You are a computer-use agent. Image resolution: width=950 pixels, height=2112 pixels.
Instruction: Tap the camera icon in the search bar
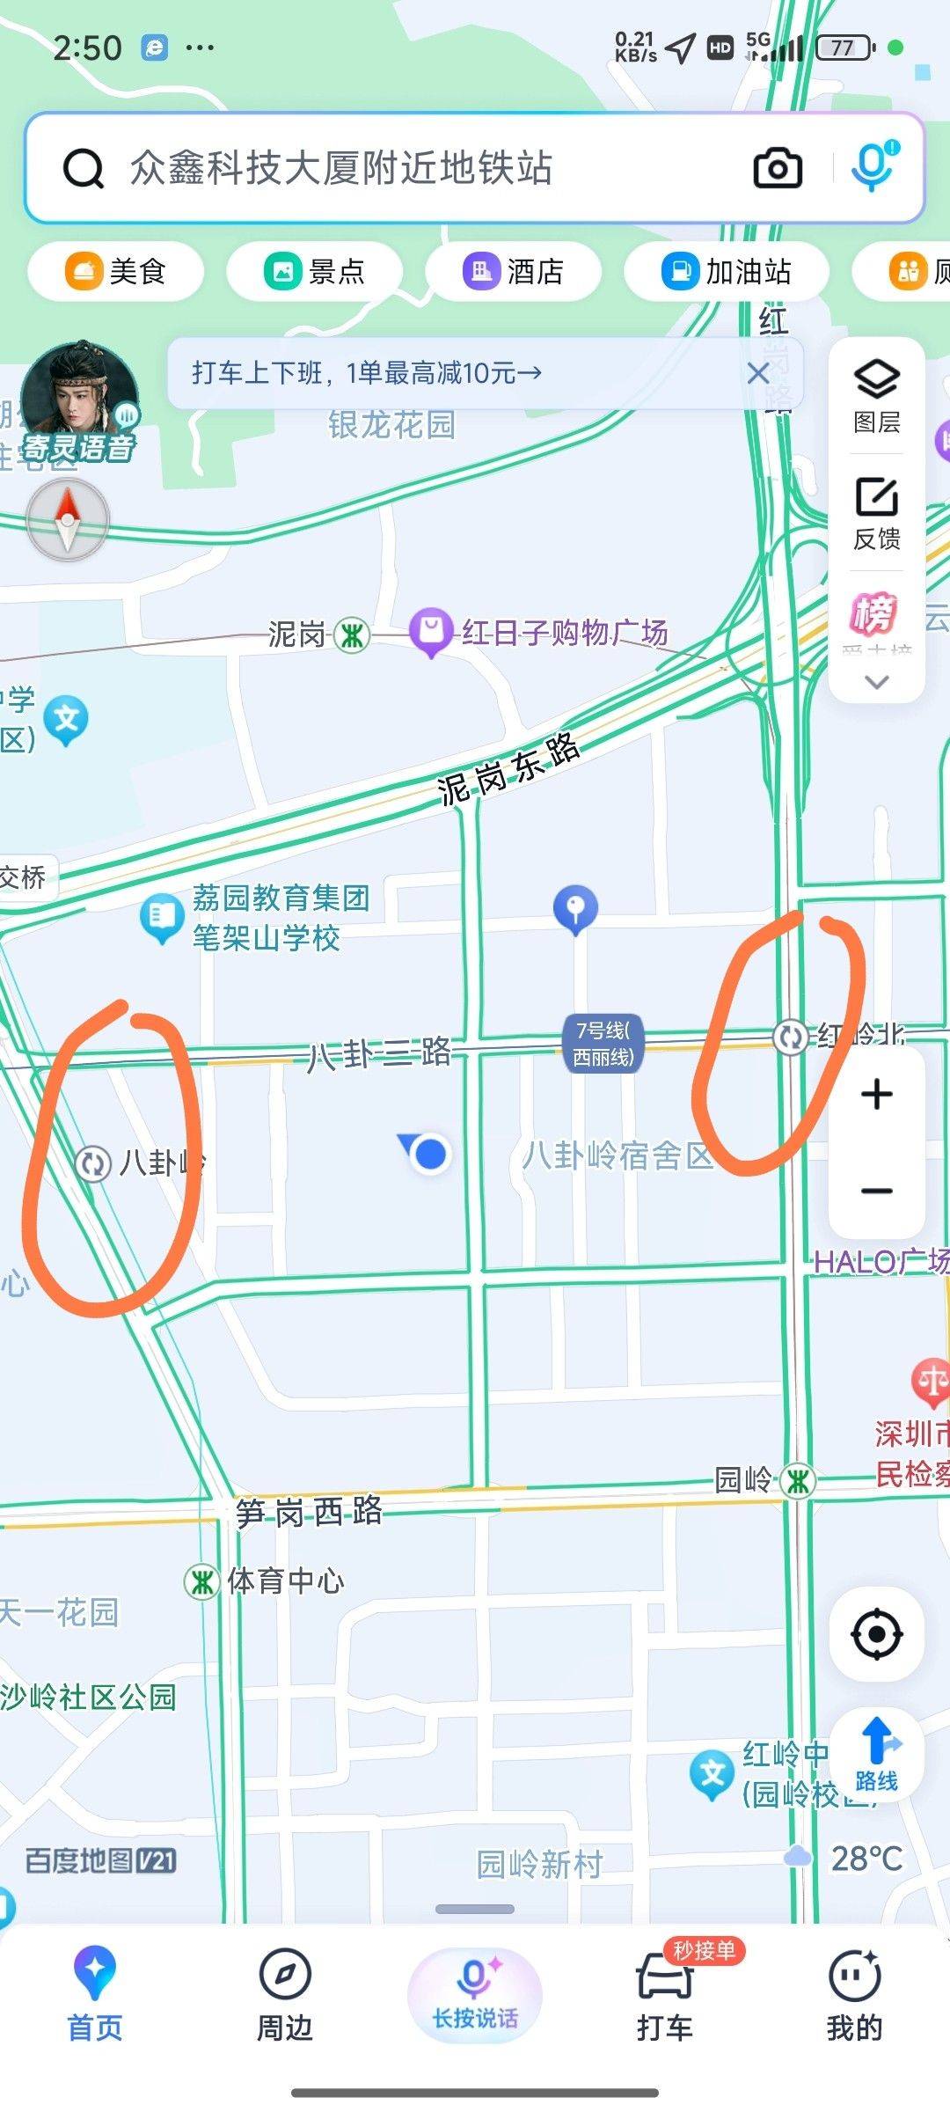[x=778, y=167]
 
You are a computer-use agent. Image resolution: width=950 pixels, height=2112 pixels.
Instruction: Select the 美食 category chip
[x=116, y=271]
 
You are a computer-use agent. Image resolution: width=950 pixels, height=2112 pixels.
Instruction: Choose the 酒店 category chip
[x=514, y=271]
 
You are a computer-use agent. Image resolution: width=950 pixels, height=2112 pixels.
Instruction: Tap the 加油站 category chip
[x=727, y=271]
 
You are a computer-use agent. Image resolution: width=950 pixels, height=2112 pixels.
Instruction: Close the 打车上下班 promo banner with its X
[x=757, y=373]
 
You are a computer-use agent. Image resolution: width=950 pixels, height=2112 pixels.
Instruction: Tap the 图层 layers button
[x=877, y=396]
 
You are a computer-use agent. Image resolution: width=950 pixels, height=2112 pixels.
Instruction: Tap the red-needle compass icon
[x=68, y=520]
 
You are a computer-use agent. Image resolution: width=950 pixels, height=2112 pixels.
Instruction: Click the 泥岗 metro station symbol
[x=352, y=634]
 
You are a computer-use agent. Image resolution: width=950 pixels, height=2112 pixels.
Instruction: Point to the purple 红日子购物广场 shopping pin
[x=431, y=631]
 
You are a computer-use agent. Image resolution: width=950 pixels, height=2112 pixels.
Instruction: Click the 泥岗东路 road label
[x=509, y=768]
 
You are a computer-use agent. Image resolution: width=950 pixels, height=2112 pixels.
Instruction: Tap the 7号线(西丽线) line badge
[x=603, y=1043]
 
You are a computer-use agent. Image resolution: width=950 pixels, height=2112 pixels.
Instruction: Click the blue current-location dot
[x=429, y=1154]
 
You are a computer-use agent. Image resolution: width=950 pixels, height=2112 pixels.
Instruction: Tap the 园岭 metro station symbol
[x=798, y=1480]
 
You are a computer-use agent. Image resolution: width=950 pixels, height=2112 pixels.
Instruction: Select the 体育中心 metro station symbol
[x=201, y=1581]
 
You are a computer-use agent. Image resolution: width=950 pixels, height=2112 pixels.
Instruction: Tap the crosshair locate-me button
[x=877, y=1634]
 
